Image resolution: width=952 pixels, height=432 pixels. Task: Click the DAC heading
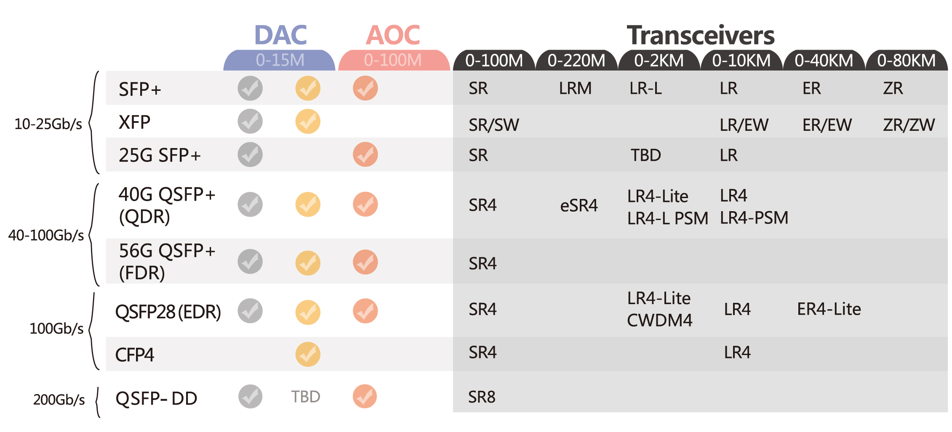tap(280, 35)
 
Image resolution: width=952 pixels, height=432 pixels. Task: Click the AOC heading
tap(393, 35)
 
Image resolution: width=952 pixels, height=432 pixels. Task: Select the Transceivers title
tap(700, 35)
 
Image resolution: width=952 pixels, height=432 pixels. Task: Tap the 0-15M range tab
tap(280, 60)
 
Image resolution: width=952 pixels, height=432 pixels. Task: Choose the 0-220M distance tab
tap(576, 61)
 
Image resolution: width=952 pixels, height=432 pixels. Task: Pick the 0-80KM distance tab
tap(906, 61)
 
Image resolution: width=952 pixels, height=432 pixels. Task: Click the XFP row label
tap(134, 122)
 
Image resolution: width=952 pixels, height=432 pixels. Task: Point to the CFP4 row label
tap(134, 355)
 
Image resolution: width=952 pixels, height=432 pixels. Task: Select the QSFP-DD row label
tap(156, 398)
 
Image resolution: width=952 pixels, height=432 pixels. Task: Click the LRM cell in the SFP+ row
tap(575, 89)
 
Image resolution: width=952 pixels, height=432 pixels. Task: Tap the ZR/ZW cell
tap(909, 125)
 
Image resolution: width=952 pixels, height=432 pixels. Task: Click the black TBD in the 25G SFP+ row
tap(645, 155)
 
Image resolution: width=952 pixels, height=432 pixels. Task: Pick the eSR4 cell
tap(579, 206)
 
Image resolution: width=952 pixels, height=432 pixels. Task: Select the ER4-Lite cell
tap(829, 309)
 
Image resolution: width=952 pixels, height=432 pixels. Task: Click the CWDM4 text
tap(659, 321)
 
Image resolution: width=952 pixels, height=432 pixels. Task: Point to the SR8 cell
tap(482, 397)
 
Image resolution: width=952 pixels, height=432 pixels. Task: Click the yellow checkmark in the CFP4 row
tap(308, 354)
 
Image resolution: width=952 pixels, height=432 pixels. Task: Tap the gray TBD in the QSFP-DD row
tap(306, 397)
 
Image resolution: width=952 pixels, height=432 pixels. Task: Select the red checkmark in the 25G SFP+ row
tap(365, 154)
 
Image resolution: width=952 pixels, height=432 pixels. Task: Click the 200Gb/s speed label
tap(59, 400)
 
